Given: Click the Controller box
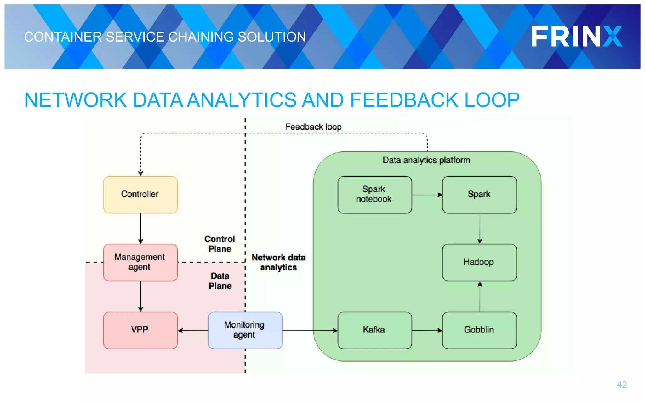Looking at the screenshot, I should click(x=140, y=195).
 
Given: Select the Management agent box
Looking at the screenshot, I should click(x=140, y=262).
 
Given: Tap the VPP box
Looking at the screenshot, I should click(x=140, y=330).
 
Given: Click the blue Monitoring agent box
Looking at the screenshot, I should click(x=245, y=330).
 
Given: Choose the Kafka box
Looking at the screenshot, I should click(x=374, y=330).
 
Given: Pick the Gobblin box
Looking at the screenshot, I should click(x=479, y=330).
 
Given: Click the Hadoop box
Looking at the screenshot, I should click(x=479, y=262).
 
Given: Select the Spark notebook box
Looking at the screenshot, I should click(x=374, y=195).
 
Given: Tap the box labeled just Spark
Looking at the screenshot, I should click(x=479, y=195).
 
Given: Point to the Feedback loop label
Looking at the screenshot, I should click(x=313, y=127).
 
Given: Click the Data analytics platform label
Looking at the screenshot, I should click(x=426, y=160).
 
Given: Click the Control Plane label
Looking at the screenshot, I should click(x=220, y=244).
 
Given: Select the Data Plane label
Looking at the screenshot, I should click(x=220, y=281).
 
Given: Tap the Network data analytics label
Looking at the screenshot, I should click(x=278, y=262).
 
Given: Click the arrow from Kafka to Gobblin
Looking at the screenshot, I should click(x=427, y=330).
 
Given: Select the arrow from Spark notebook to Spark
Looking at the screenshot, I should click(x=427, y=195).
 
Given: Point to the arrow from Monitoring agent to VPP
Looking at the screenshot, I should click(x=193, y=330).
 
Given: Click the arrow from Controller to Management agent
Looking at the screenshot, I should click(x=140, y=229).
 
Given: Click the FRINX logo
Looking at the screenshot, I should click(x=577, y=37).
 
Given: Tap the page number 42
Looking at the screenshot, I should click(x=622, y=384).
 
